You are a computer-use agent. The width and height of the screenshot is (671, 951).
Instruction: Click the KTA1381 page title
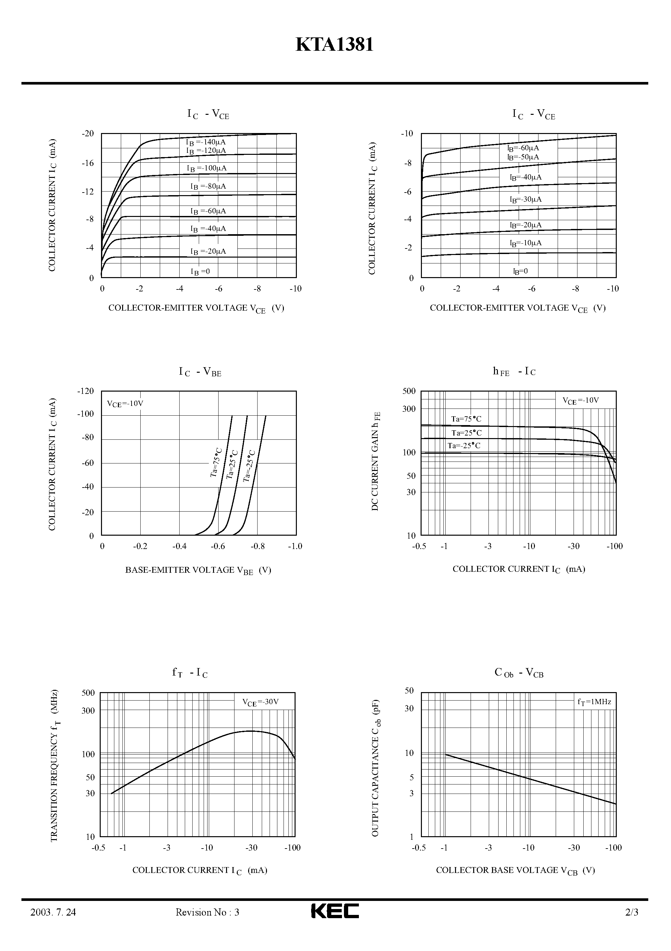tap(334, 45)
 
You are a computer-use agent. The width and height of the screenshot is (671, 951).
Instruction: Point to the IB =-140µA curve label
tap(206, 142)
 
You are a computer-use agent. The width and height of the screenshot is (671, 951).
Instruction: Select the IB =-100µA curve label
tap(207, 168)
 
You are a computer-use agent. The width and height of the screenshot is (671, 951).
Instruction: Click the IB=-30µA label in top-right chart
tap(525, 199)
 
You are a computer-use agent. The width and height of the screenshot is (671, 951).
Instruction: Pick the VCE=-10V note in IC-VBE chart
tap(125, 403)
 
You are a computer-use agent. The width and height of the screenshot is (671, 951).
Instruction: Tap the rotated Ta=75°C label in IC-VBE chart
tap(216, 462)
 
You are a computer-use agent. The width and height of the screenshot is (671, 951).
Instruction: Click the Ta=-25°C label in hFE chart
tap(464, 446)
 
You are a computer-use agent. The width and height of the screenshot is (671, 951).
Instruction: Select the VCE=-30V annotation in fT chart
tap(260, 702)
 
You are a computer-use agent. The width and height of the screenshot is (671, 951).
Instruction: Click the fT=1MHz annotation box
tap(594, 702)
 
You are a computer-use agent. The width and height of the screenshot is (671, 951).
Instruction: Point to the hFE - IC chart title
tap(514, 371)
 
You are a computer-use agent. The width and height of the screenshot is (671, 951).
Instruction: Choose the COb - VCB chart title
tap(519, 673)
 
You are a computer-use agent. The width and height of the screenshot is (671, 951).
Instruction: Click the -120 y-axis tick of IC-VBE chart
tap(86, 391)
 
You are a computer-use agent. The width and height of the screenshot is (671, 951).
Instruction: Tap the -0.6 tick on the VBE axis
tap(218, 546)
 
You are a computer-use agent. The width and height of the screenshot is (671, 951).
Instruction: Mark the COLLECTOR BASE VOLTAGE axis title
tap(515, 870)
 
